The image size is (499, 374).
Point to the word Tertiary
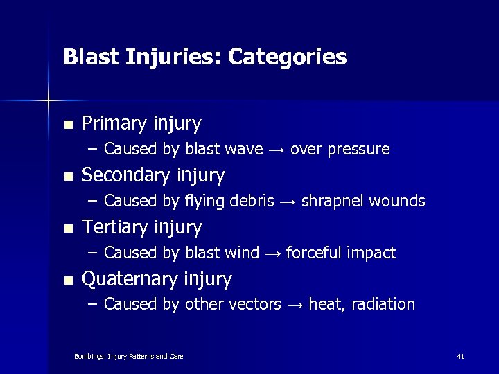tap(112, 227)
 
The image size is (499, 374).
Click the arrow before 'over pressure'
tap(277, 150)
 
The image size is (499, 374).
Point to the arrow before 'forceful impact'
tap(273, 253)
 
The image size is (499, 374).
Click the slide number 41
tap(460, 356)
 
